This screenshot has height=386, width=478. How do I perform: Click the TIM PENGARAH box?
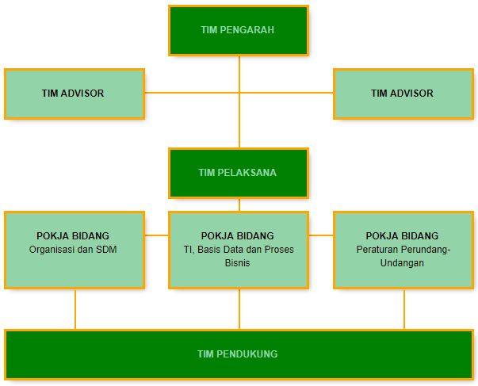point(239,30)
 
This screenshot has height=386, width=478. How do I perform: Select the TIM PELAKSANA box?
point(239,172)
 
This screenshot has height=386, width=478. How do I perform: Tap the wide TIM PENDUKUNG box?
point(239,354)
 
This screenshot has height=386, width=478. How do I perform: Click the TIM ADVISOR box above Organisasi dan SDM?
point(74,94)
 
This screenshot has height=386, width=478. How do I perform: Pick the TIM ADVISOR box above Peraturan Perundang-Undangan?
point(403,94)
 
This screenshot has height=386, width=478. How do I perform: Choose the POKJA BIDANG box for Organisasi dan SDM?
point(74,250)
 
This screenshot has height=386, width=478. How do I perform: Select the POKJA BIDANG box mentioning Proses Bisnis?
point(239,250)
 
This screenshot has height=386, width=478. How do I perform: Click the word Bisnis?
point(238,263)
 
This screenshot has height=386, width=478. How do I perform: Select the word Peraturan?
point(377,250)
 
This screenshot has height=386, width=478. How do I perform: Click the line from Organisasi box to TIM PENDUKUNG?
point(75,309)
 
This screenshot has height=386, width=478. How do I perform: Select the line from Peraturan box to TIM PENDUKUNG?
point(404,309)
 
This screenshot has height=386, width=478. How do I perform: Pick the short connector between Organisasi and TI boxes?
point(157,235)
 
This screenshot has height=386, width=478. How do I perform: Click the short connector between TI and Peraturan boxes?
point(320,235)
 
